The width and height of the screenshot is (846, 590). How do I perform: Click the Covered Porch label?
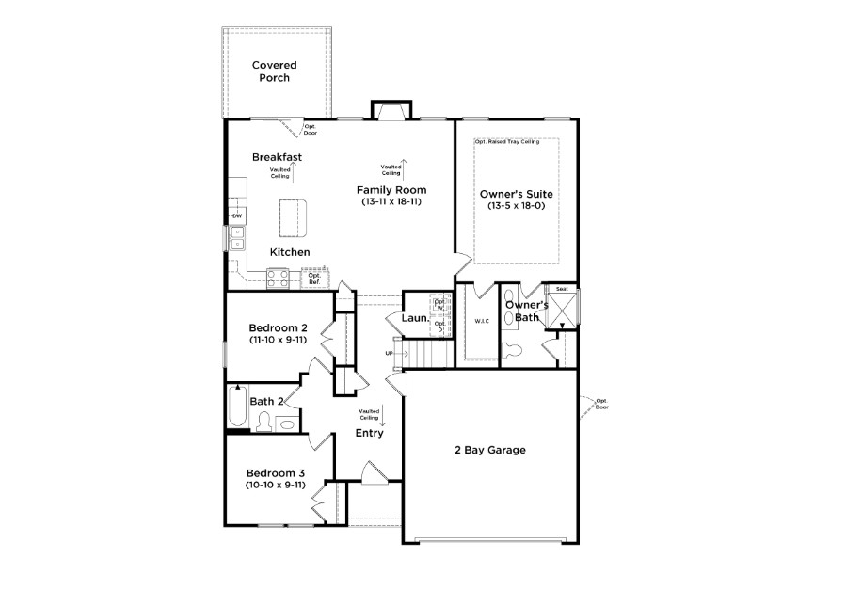[x=275, y=72]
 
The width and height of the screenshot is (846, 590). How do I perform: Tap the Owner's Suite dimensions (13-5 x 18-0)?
[x=516, y=206]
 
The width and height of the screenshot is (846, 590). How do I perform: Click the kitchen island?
[x=294, y=218]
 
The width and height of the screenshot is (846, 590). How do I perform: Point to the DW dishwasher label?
[x=237, y=216]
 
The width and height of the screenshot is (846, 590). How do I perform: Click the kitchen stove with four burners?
[x=279, y=278]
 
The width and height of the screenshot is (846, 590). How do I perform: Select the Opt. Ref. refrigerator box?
[x=314, y=279]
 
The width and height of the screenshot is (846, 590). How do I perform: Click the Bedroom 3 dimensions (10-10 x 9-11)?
[x=276, y=486]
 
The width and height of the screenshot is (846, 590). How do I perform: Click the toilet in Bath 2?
[x=263, y=421]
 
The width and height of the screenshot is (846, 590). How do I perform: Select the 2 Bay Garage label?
[x=489, y=450]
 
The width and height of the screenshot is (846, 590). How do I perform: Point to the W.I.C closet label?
[x=483, y=321]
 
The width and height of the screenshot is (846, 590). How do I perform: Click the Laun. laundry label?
[x=415, y=319]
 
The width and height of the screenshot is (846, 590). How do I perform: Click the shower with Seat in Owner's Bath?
[x=563, y=309]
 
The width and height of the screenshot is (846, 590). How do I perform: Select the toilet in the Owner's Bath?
[x=513, y=351]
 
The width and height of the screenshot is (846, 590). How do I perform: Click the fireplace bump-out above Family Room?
[x=391, y=109]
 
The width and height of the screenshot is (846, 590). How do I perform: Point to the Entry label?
[x=369, y=433]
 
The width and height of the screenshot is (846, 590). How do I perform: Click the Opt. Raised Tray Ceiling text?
[x=506, y=142]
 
